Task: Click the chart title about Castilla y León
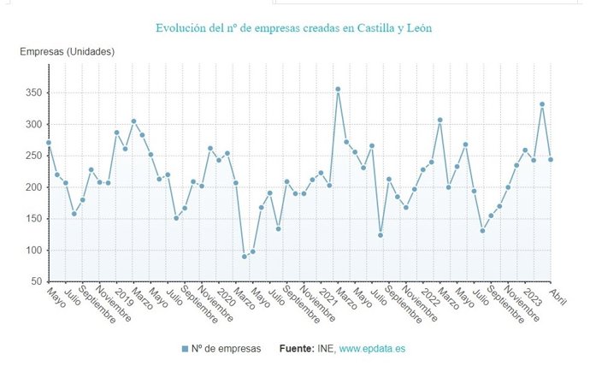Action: (293, 28)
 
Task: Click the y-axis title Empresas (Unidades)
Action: (68, 51)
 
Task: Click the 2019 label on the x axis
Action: (124, 295)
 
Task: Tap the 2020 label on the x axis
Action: (227, 295)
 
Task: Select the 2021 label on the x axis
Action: (328, 295)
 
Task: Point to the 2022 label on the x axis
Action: (430, 295)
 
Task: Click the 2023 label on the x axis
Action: (532, 295)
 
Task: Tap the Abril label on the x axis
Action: (558, 295)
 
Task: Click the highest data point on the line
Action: (338, 89)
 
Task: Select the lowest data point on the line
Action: (245, 257)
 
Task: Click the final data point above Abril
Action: (551, 159)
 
